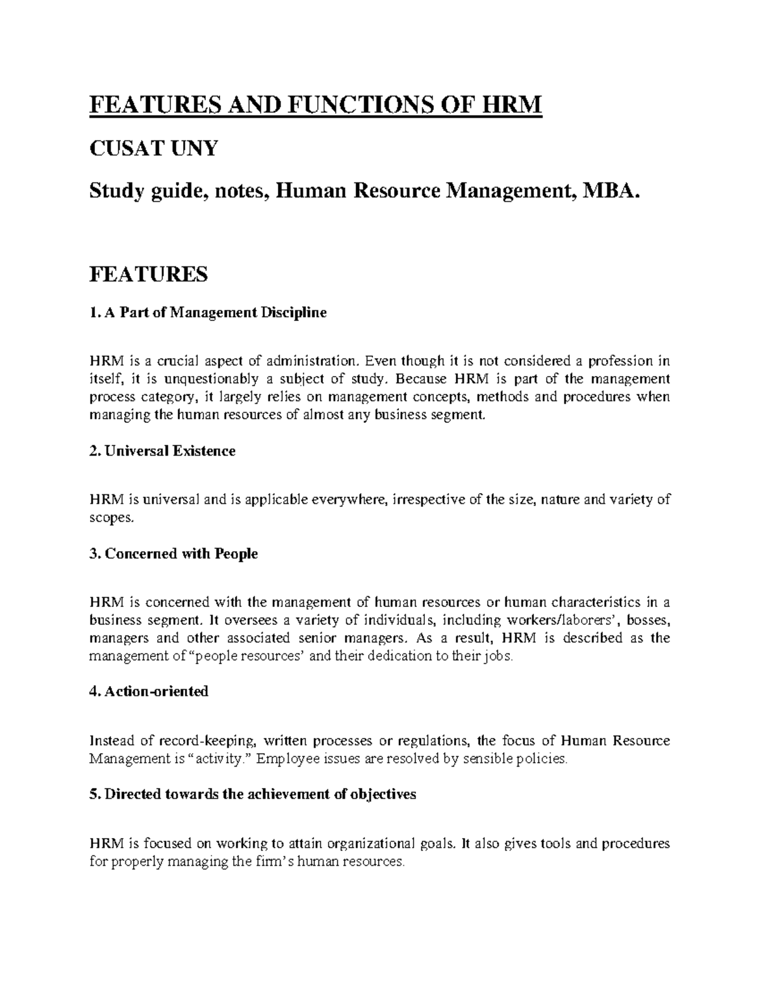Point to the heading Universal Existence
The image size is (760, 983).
pos(163,451)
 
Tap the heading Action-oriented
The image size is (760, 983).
pos(149,691)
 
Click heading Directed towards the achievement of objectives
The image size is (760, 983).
pos(253,794)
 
